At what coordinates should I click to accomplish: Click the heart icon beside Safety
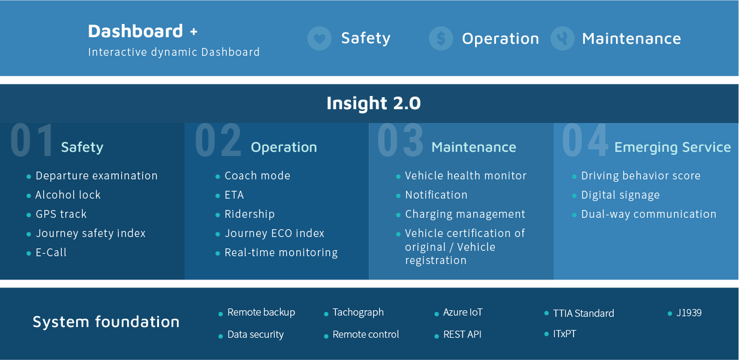319,38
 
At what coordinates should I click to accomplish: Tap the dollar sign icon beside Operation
441,38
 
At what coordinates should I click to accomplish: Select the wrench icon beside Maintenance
563,38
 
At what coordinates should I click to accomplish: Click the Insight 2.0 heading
374,103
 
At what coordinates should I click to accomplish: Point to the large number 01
32,140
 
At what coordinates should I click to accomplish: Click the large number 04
585,140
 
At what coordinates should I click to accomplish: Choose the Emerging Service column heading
672,148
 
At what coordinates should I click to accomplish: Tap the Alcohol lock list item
68,194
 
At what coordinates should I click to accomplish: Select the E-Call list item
51,253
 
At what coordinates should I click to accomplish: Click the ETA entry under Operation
234,195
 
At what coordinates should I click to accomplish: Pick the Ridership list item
250,214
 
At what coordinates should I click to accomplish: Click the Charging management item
465,214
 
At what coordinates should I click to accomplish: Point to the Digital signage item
620,195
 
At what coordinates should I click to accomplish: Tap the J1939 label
689,313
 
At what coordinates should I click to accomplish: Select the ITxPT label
564,334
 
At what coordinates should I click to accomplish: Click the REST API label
462,334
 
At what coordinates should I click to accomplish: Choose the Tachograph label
358,312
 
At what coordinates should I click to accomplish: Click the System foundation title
106,322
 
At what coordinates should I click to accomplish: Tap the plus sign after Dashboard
194,32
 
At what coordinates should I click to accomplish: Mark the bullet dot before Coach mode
217,176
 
